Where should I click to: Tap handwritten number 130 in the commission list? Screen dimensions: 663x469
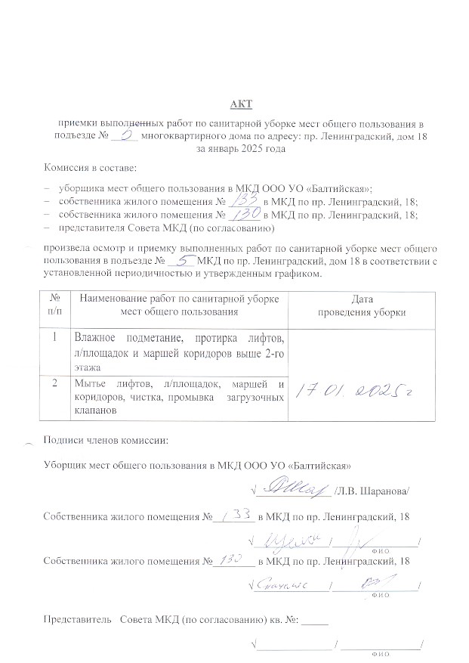click(246, 214)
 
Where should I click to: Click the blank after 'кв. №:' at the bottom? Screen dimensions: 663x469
click(319, 620)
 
